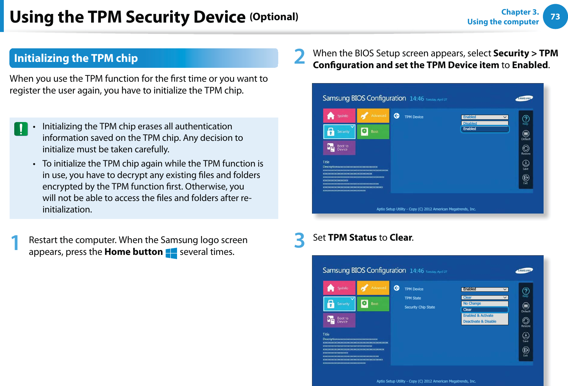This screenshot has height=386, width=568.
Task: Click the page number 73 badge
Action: coord(555,17)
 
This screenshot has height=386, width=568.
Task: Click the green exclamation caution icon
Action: coord(21,129)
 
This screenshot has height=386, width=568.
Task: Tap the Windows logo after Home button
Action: coord(171,253)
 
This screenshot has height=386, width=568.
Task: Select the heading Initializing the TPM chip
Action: coord(76,58)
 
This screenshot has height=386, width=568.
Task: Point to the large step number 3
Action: coord(299,240)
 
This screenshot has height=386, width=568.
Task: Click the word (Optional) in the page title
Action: coord(274,17)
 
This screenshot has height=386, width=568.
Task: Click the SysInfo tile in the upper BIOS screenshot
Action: coord(339,116)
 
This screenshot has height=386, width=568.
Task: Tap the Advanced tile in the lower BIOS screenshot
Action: coord(373,288)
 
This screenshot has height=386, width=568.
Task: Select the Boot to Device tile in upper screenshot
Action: coord(339,148)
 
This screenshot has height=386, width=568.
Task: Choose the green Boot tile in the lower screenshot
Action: coord(373,304)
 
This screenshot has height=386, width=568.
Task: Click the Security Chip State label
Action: coord(419,307)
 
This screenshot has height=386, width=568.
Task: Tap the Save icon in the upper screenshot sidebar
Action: coord(526,164)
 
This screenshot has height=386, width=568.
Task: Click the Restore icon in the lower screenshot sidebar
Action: coord(526,321)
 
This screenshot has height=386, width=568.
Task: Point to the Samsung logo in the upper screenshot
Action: coord(524,98)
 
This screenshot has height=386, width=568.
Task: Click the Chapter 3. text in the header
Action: coord(520,12)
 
